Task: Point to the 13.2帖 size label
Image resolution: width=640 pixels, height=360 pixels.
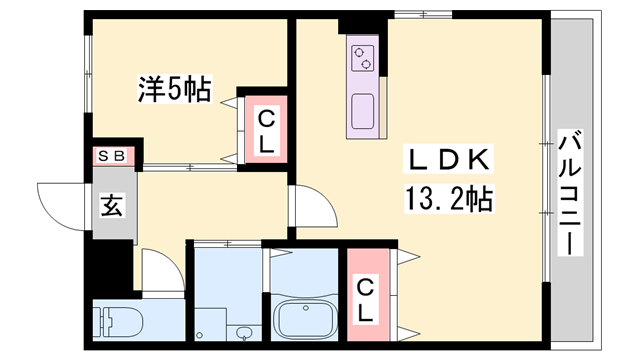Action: click(x=448, y=198)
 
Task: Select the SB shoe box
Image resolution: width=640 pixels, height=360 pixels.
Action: click(x=110, y=156)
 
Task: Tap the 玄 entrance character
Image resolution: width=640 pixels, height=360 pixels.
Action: click(x=111, y=207)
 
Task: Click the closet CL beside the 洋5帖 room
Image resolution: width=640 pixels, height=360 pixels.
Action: click(x=266, y=131)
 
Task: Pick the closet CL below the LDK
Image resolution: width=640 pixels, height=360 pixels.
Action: click(x=365, y=298)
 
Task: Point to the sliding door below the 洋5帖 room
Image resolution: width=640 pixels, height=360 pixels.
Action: click(x=190, y=166)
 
